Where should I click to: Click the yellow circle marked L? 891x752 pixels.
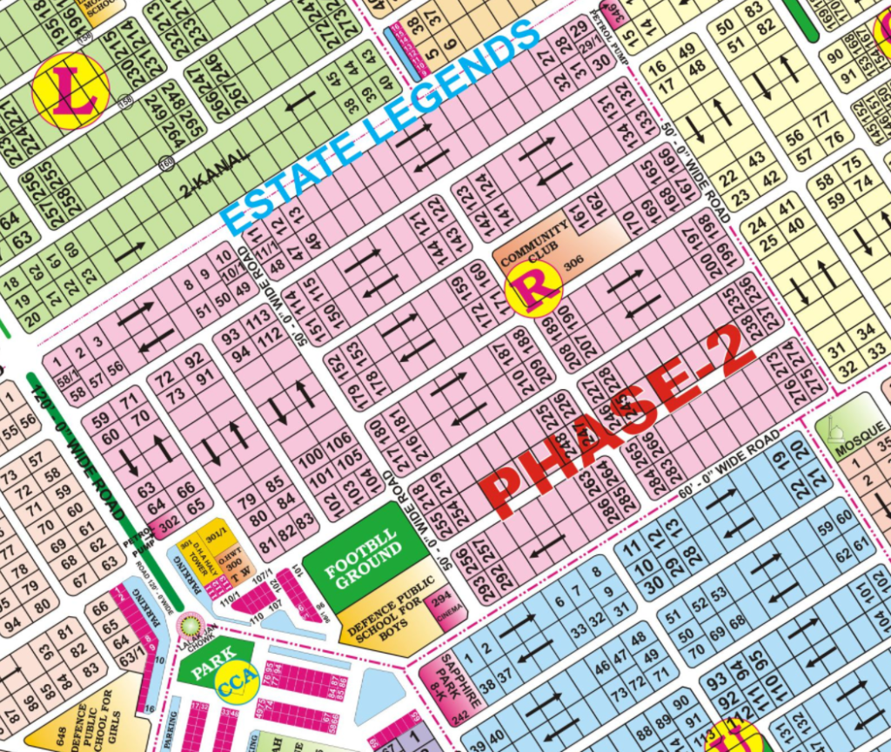tap(70, 91)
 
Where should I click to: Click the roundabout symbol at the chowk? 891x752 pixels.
tap(185, 624)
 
